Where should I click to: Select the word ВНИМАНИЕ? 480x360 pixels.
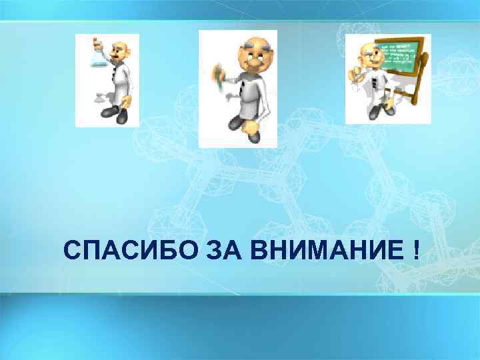325,251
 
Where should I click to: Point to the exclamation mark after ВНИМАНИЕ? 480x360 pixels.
416,251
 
